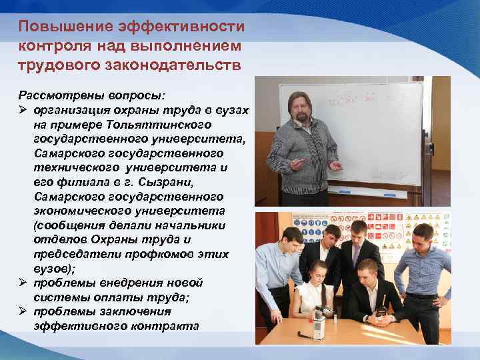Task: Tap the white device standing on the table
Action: coord(319,324)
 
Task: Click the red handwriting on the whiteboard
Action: coord(345,102)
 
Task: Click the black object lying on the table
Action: coord(381,312)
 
